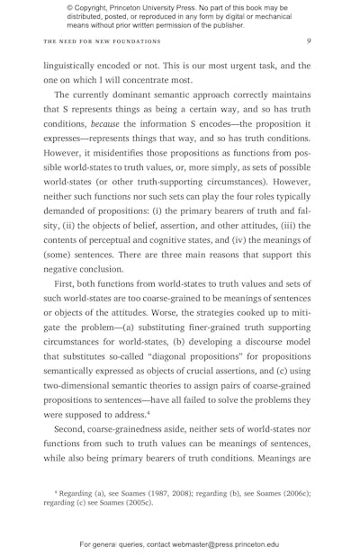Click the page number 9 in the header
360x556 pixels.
pos(309,40)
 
